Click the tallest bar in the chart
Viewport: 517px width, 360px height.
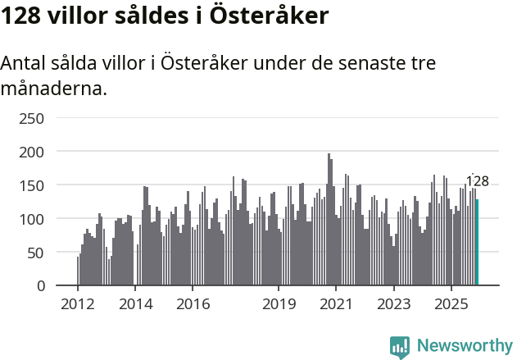[x=329, y=220]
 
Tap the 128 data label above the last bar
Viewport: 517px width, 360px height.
[x=477, y=182]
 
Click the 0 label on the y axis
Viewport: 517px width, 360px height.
[x=39, y=286]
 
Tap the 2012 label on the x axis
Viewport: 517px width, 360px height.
[x=78, y=304]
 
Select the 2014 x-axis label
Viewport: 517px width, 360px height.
[x=135, y=304]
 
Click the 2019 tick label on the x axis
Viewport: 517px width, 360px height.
[x=279, y=304]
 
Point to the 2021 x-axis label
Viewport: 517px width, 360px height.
[x=336, y=304]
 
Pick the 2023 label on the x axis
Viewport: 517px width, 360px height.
[x=393, y=304]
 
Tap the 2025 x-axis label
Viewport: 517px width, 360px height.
[x=451, y=304]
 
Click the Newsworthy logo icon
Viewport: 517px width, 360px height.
[x=400, y=346]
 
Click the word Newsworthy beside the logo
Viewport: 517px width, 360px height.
[x=464, y=346]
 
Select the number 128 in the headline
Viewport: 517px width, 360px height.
[x=23, y=16]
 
